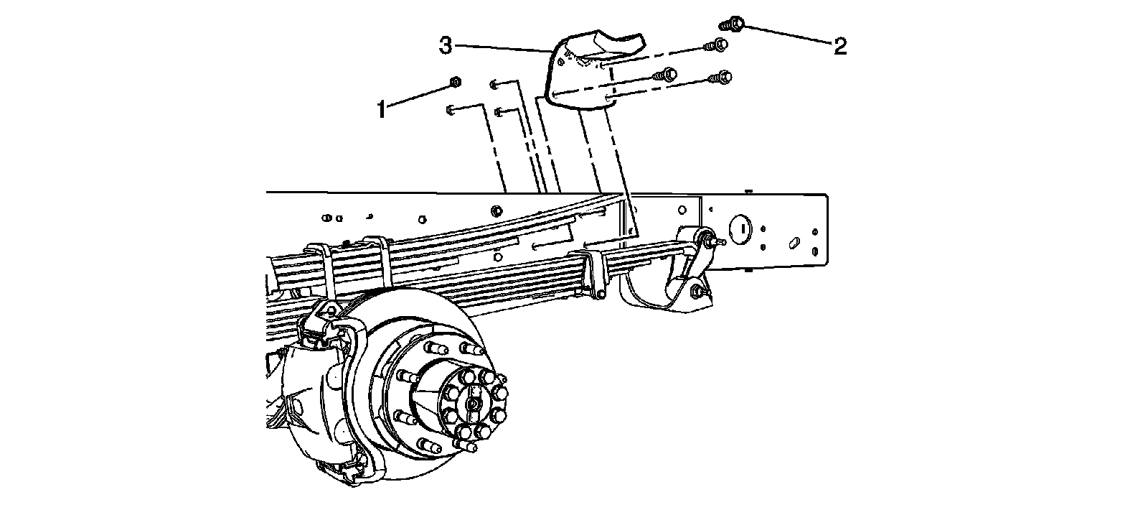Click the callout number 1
pos(382,110)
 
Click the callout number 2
pos(840,47)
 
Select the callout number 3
pos(446,46)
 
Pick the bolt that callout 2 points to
pos(733,25)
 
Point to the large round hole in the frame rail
pos(739,228)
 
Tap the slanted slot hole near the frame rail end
pos(794,243)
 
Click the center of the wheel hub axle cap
pos(472,402)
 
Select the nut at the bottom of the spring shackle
pos(695,291)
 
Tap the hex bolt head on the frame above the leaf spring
pos(495,210)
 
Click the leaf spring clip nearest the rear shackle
pos(595,272)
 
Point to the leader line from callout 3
pos(502,48)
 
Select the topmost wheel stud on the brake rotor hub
pos(433,349)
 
